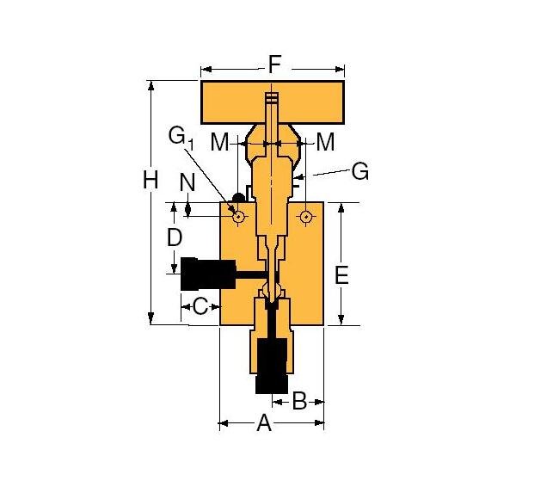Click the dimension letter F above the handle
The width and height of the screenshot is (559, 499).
[274, 65]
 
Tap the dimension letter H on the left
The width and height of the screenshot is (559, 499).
[150, 181]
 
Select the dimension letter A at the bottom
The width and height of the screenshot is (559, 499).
[264, 423]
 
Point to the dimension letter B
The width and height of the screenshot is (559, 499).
[299, 400]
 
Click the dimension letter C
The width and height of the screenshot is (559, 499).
[200, 305]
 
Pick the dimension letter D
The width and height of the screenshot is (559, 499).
[175, 237]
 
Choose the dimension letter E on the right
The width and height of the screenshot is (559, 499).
[341, 275]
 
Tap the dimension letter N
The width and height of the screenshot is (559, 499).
[187, 182]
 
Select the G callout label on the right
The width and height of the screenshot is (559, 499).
[359, 172]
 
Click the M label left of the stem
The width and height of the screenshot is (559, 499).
[219, 143]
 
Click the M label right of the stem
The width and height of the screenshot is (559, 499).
[325, 143]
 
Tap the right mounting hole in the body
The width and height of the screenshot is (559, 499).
[305, 217]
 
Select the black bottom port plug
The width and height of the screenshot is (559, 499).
[272, 366]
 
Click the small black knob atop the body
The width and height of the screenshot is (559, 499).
[229, 199]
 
